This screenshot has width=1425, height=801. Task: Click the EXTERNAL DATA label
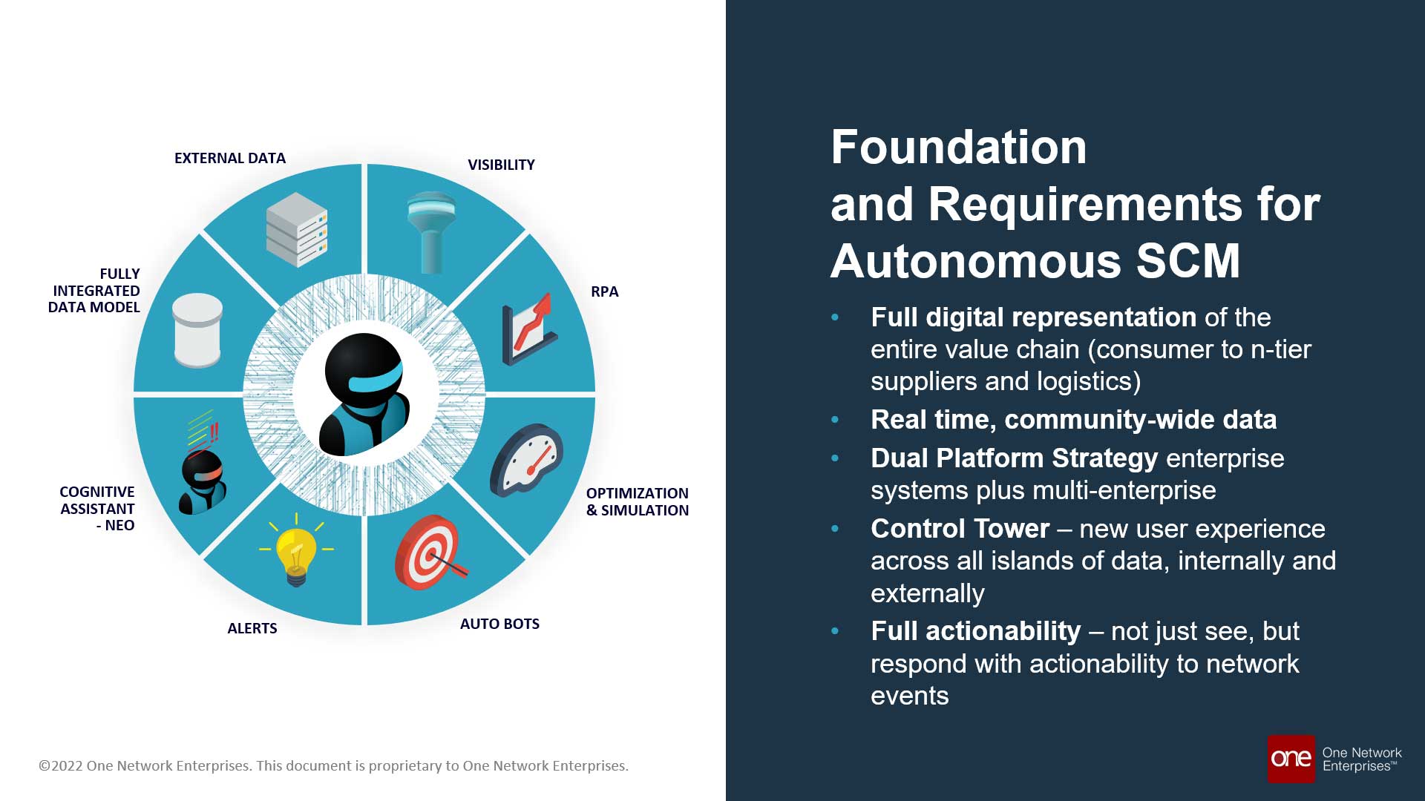click(x=230, y=158)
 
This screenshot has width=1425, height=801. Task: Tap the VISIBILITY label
click(x=501, y=165)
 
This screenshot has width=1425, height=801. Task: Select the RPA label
click(x=604, y=291)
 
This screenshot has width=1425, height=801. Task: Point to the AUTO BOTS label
click(x=499, y=624)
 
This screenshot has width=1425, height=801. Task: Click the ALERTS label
click(x=252, y=628)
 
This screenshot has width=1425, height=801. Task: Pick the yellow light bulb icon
click(x=296, y=553)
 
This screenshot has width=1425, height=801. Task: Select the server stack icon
click(x=297, y=229)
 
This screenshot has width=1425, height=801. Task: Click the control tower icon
click(x=431, y=231)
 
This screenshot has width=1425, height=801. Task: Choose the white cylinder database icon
click(x=197, y=330)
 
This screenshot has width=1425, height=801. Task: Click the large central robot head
click(x=364, y=393)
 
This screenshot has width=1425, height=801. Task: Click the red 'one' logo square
click(x=1291, y=759)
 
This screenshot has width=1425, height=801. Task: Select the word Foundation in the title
click(x=959, y=147)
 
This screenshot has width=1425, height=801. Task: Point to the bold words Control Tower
click(x=960, y=529)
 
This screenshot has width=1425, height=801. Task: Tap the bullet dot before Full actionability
click(x=835, y=631)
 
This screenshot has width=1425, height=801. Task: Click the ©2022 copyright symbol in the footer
click(x=45, y=766)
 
